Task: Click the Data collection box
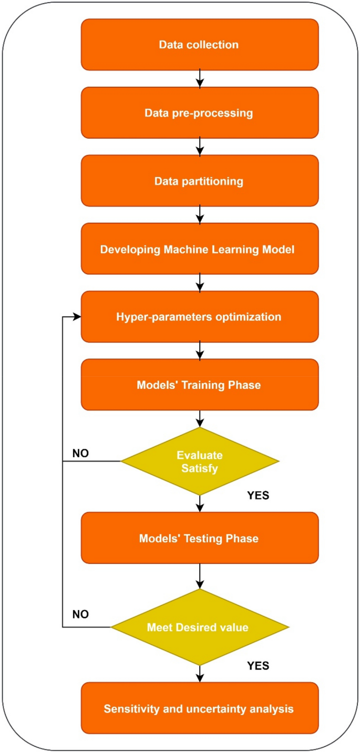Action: (x=199, y=45)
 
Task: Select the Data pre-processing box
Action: (x=199, y=112)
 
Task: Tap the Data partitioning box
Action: (x=199, y=181)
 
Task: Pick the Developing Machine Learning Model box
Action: (x=199, y=249)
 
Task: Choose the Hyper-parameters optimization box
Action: (x=199, y=317)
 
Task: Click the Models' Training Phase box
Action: (x=199, y=385)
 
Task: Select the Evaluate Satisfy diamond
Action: (x=199, y=461)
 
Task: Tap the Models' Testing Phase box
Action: (x=199, y=538)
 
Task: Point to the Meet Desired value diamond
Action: (x=199, y=627)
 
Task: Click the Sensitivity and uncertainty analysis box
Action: (x=199, y=708)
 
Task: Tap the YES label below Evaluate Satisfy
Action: (x=258, y=496)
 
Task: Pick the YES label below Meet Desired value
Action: (x=258, y=666)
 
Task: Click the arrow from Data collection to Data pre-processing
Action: (x=200, y=79)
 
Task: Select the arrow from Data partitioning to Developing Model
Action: (x=200, y=214)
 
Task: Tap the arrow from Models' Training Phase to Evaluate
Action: (x=200, y=418)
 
